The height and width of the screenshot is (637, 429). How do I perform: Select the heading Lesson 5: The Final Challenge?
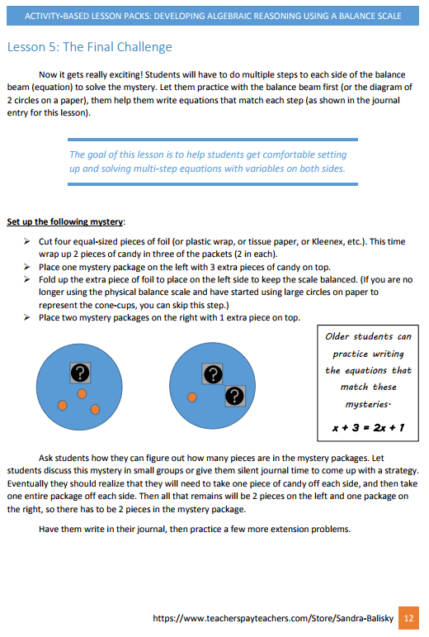point(90,47)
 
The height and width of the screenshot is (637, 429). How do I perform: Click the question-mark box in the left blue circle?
point(79,372)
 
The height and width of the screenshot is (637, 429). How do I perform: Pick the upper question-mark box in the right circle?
point(213,373)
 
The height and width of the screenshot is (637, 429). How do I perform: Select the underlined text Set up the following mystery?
point(66,221)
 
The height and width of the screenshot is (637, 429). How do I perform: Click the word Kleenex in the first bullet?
point(316,241)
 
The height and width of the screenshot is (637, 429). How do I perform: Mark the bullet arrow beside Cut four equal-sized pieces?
point(27,241)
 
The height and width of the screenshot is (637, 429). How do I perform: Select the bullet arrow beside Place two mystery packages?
point(27,317)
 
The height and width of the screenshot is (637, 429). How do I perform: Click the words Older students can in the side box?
point(367,337)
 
